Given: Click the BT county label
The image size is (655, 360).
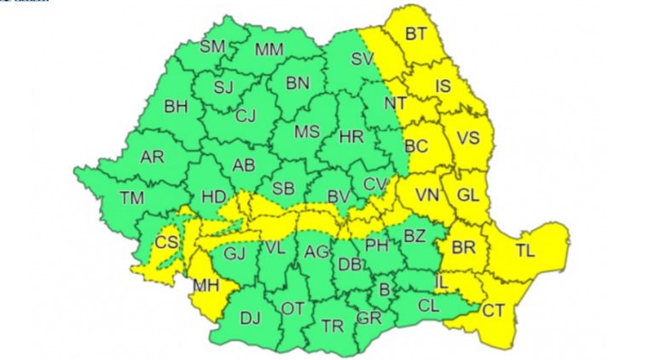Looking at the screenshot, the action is (416, 35).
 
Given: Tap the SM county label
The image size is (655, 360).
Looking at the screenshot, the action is (212, 47).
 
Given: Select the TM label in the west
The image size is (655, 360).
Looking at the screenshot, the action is (132, 198).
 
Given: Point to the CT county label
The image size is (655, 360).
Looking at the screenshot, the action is (493, 311).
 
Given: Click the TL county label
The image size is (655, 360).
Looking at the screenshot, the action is (526, 251).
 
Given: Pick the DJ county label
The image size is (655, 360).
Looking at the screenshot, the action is (250, 318).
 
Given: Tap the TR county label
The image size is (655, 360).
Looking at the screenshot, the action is (333, 326).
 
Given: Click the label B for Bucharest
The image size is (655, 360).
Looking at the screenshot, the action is (384, 291).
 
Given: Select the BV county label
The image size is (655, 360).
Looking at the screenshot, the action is (339, 197).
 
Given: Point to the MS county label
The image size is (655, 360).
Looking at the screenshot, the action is (307, 131).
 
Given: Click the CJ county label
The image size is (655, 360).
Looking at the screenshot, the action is (246, 116).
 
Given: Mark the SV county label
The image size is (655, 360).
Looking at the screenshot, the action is (362, 59).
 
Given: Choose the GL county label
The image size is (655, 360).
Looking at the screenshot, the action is (468, 195).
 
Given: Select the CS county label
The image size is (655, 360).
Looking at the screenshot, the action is (167, 242).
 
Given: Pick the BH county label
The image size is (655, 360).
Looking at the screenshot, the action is (176, 107).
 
